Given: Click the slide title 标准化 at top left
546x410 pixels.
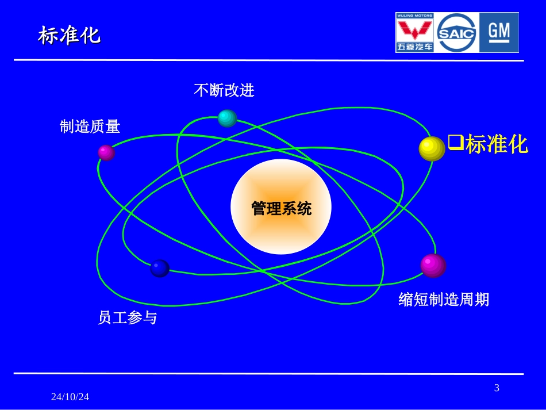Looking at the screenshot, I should tap(69, 36).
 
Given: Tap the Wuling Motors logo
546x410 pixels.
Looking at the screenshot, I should tap(415, 33).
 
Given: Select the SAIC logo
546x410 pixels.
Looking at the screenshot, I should tap(457, 33).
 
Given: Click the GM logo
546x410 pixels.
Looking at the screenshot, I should tap(499, 33).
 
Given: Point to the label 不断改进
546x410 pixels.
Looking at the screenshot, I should tap(224, 90).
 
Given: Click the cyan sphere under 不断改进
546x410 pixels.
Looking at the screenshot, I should tap(227, 118).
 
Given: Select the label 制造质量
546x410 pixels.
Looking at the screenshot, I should tap(90, 127).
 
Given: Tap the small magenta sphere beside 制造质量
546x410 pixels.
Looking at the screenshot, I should tap(106, 152).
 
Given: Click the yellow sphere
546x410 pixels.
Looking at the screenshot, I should tap(432, 148).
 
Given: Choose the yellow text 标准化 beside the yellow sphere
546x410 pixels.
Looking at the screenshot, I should tap(497, 144).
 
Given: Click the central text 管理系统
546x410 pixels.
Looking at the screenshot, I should tap(281, 208).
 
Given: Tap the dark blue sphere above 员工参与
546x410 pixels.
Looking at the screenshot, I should tap(159, 268).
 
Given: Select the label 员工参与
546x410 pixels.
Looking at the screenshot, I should tap(127, 317).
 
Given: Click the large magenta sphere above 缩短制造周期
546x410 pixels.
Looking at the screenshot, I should tap(433, 265).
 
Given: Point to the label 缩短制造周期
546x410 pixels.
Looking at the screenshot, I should tap(444, 300).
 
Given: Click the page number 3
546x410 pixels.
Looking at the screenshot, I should tap(497, 388).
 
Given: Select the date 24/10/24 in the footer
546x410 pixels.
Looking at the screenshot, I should tap(70, 397).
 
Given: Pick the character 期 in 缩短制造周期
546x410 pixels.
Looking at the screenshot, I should tap(482, 300).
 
